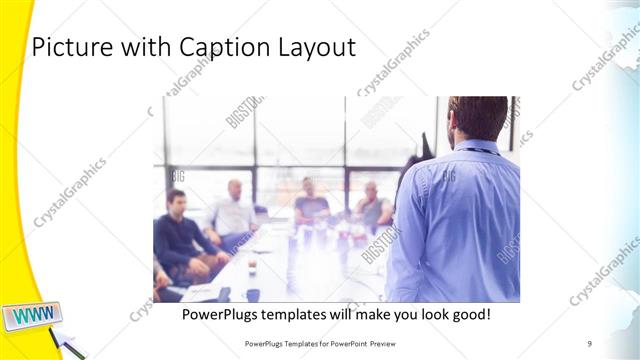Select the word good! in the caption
pyautogui.click(x=467, y=315)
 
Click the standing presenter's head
pyautogui.click(x=479, y=118)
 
